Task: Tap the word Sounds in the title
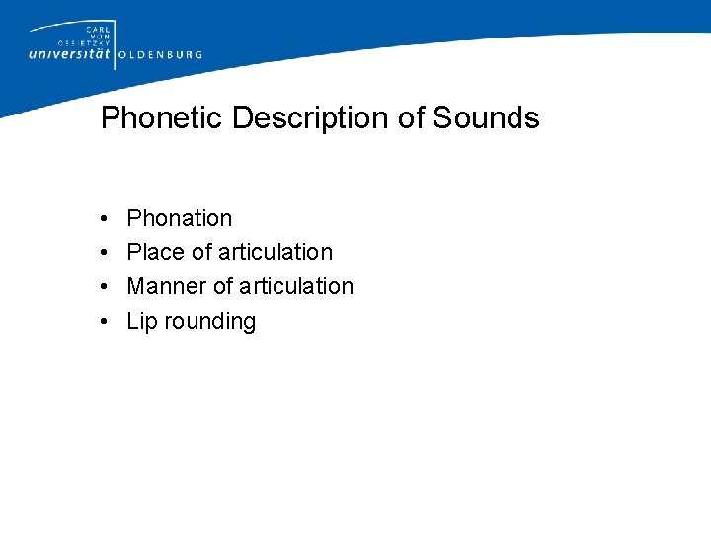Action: click(486, 118)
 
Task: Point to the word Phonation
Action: click(180, 218)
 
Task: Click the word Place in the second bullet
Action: click(156, 253)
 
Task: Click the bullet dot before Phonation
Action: click(104, 219)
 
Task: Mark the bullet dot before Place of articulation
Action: click(104, 254)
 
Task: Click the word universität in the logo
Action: click(70, 54)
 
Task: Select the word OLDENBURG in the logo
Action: click(161, 55)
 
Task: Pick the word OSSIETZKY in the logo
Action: click(88, 41)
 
